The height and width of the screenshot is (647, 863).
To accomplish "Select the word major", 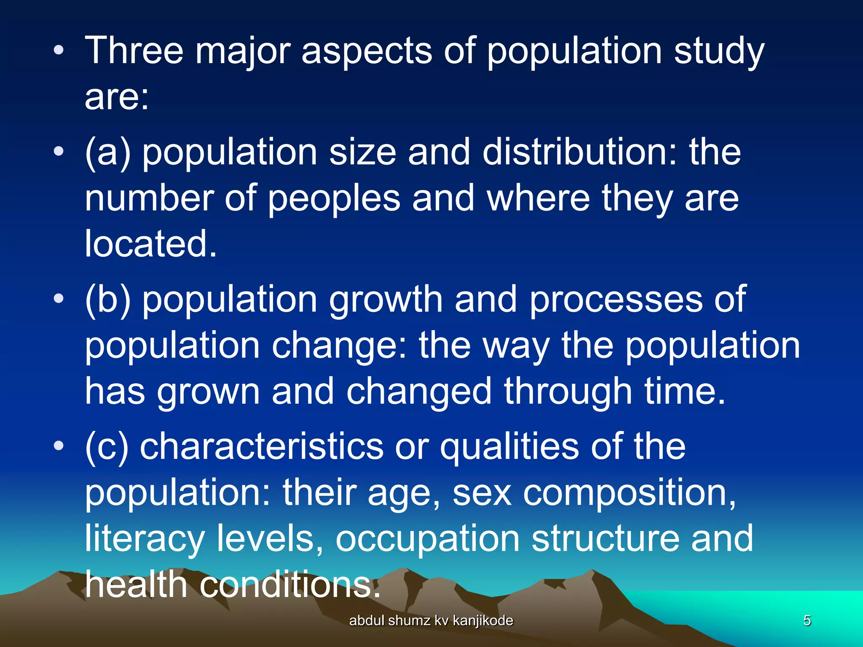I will (242, 51).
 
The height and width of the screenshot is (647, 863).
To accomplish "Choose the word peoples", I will (334, 198).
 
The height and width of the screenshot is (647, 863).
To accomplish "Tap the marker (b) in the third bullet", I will (107, 299).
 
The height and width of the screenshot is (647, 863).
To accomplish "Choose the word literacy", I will (145, 539).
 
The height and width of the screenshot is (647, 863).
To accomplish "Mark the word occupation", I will (427, 539).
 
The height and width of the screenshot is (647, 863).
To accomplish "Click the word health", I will (136, 585).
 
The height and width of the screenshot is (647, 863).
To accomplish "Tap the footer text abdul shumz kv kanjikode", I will (431, 620).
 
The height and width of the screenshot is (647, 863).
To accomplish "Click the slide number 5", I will (807, 620).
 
